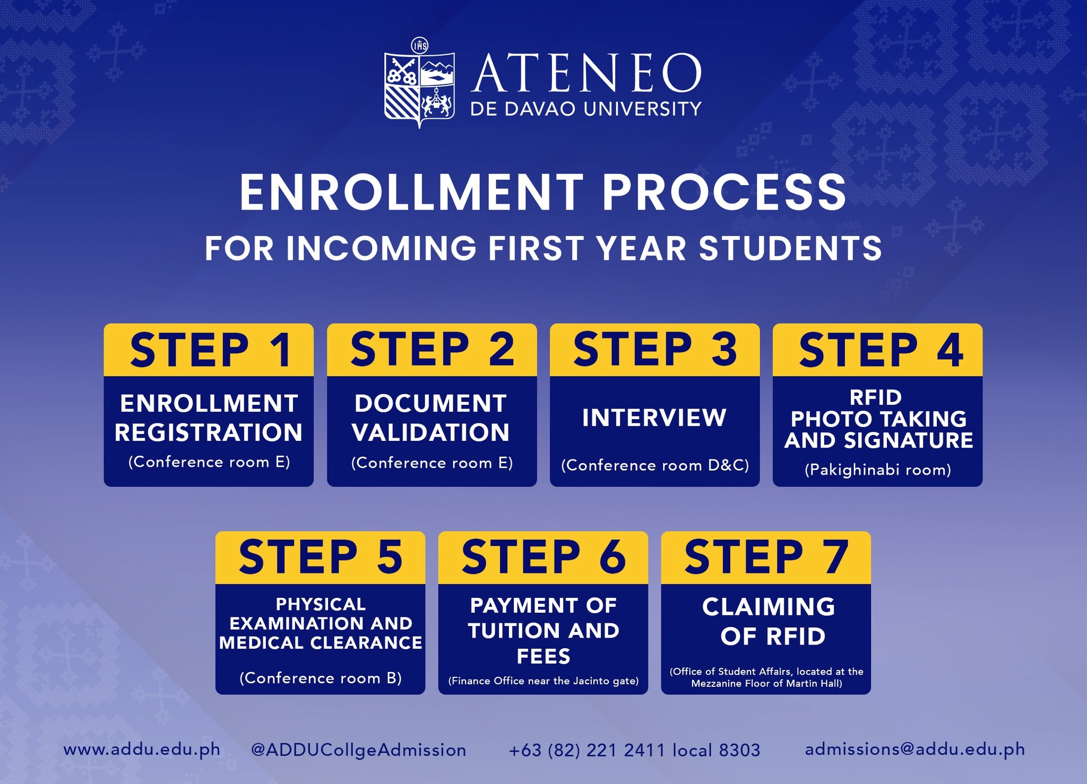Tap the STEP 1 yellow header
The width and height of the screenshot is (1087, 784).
pos(209,350)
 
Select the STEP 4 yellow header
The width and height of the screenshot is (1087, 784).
pos(877,350)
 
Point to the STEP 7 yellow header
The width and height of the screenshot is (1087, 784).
pos(766,557)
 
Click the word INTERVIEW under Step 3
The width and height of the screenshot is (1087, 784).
pos(654,417)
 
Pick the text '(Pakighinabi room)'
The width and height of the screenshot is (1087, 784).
pos(878,470)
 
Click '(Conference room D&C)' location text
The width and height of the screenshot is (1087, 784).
pos(655,465)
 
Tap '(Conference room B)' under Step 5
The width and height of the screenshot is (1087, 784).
pos(321,678)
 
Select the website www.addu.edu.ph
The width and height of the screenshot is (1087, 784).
pos(142,750)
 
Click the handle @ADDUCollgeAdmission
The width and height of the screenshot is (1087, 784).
pos(359,750)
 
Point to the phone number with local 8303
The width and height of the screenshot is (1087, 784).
pos(634,750)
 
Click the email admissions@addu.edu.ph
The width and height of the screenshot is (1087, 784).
pos(915,749)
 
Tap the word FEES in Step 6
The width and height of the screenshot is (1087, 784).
pos(543,657)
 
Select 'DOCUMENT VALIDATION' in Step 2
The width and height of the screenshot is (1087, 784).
pos(431,418)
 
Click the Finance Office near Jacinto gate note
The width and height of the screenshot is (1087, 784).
pos(543,681)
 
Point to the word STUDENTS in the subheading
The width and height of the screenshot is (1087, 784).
pos(790,248)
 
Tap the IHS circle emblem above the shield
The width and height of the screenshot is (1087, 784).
pos(420,45)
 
